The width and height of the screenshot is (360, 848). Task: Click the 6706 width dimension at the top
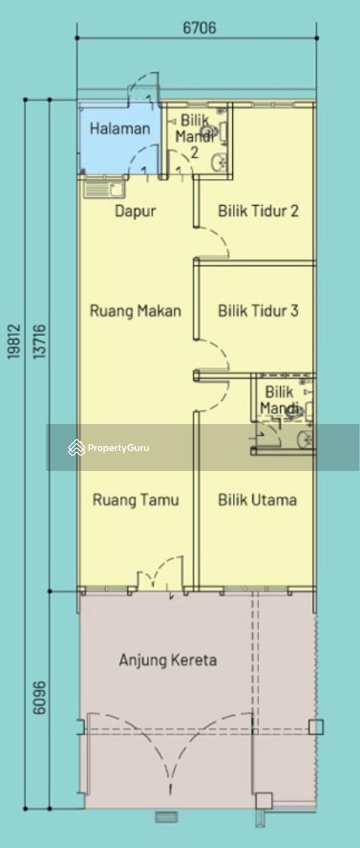pos(199,28)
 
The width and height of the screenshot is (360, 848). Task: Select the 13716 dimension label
pos(38,341)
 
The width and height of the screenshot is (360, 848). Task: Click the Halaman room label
pos(120,128)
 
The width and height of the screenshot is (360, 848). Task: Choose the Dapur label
pos(135,211)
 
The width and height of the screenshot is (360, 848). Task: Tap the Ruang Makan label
pos(135,310)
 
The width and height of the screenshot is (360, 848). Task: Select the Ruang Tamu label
pos(136,500)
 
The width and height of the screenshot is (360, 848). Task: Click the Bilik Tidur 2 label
pos(258,211)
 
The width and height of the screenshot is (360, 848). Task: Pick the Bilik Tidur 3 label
pos(258,310)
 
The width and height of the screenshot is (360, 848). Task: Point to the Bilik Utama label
pos(257,500)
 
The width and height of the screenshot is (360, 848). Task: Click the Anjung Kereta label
pos(167,660)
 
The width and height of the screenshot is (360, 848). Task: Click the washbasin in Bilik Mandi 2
pos(219,162)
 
